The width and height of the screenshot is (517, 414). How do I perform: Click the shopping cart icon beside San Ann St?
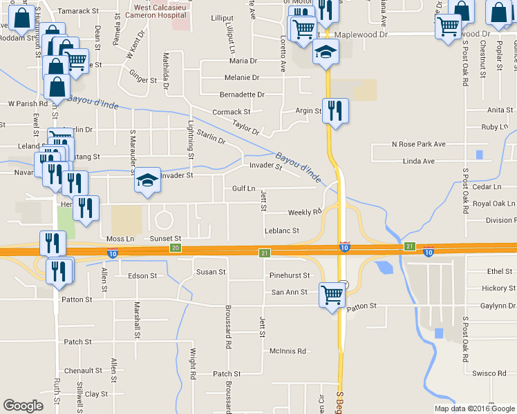[332, 295]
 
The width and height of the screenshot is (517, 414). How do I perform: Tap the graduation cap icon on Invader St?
[147, 181]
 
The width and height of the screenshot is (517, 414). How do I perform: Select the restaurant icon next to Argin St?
[335, 111]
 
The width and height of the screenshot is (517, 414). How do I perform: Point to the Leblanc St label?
[281, 230]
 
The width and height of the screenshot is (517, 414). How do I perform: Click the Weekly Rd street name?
[305, 213]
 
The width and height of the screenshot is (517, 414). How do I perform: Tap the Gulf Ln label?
[244, 188]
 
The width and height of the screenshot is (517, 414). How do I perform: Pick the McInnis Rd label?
[288, 351]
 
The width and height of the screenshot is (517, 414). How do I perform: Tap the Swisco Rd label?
[489, 373]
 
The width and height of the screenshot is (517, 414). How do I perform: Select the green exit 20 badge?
[176, 248]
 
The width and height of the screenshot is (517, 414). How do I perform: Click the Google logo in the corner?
[23, 406]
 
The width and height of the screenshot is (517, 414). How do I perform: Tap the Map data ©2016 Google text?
[474, 408]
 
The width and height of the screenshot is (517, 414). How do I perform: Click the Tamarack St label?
[75, 11]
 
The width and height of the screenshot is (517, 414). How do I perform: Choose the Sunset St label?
[165, 238]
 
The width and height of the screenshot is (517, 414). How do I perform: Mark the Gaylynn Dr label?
[497, 306]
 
